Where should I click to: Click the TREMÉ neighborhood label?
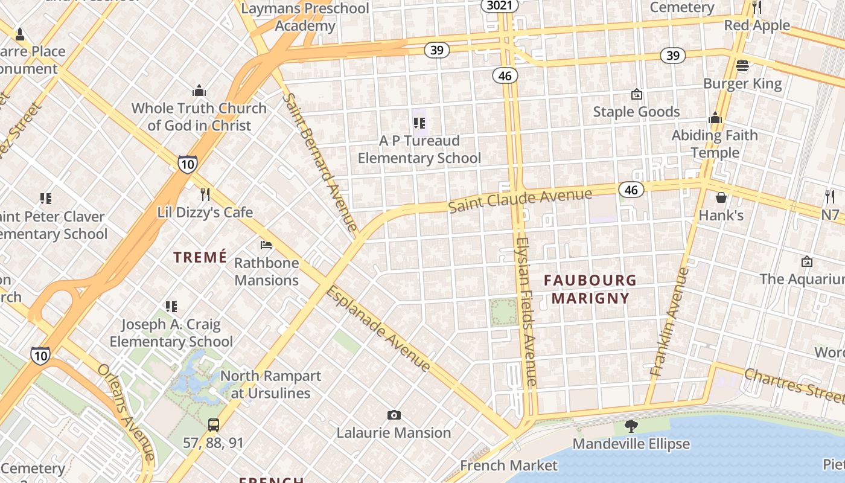(x=200, y=257)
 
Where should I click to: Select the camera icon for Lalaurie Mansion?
(x=394, y=415)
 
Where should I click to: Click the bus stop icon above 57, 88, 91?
(x=214, y=424)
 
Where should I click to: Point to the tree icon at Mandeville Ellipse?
(x=631, y=426)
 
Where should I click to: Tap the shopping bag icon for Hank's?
(x=721, y=197)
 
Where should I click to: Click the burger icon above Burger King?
(x=742, y=65)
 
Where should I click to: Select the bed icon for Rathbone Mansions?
(x=266, y=245)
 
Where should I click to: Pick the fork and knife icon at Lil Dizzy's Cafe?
(x=205, y=194)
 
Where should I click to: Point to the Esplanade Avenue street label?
(x=378, y=329)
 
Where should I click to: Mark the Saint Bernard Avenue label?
(x=320, y=162)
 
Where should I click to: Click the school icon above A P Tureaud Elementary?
(x=419, y=123)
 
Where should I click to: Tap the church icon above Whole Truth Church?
(x=199, y=91)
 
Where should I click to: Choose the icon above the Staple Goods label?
(x=636, y=94)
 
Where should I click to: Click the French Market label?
(x=509, y=465)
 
